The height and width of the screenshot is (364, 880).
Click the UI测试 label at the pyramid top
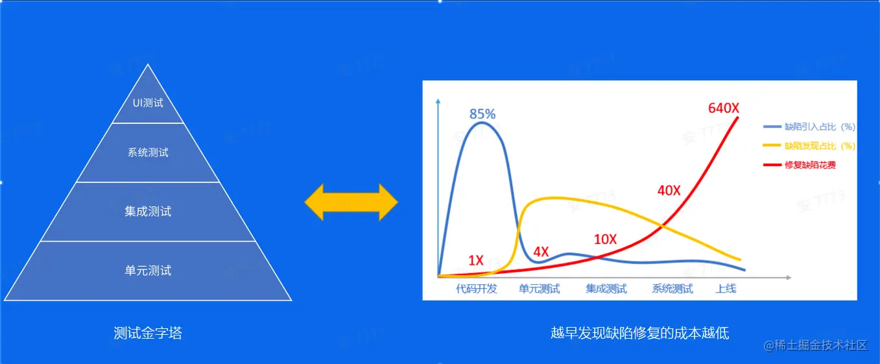click(148, 103)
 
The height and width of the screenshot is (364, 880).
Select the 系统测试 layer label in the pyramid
click(148, 152)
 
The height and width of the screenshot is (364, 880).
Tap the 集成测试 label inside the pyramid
click(148, 212)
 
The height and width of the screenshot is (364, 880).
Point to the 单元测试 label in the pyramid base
click(148, 271)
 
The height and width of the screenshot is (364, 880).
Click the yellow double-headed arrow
click(351, 202)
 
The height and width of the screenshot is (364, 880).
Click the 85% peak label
click(482, 114)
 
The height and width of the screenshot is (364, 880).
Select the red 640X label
click(724, 108)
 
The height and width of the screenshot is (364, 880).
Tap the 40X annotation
click(669, 191)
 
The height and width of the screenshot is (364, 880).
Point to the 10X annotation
click(606, 239)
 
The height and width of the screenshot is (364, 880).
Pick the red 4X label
click(541, 252)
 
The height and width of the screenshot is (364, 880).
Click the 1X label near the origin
click(476, 260)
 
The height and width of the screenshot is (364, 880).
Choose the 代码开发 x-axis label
click(477, 289)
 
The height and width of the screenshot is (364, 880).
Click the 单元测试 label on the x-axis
click(540, 289)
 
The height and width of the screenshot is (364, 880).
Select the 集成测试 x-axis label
click(606, 289)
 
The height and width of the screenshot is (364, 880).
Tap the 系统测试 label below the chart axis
click(672, 289)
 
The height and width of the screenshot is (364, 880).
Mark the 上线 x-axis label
click(726, 289)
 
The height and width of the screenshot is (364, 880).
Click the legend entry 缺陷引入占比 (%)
click(809, 127)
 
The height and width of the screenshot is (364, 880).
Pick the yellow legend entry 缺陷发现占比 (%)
click(809, 146)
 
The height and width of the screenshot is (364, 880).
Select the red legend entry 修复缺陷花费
click(800, 165)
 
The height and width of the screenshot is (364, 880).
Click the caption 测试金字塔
click(148, 333)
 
